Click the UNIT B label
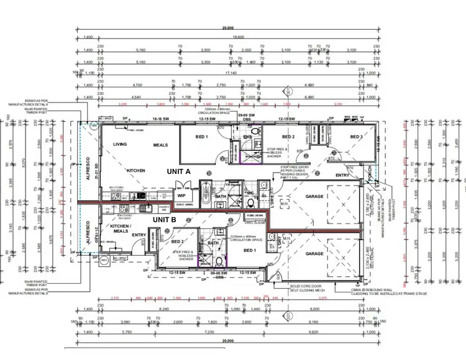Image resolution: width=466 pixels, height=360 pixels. [165, 218]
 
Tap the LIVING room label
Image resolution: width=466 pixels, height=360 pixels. [120, 145]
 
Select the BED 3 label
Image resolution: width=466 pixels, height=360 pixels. [356, 137]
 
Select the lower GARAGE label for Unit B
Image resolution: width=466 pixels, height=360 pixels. [314, 253]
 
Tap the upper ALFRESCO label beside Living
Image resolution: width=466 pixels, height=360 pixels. [88, 168]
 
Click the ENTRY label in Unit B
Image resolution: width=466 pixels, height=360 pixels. [138, 235]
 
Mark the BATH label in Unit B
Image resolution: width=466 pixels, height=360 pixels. [213, 243]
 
